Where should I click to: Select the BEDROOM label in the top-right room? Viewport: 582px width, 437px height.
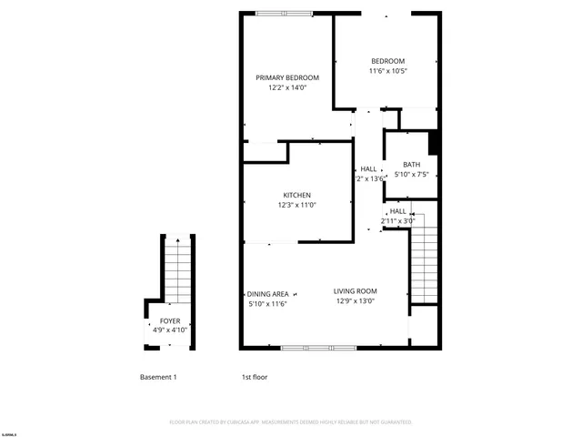[387, 61]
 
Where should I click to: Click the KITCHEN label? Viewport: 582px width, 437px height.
[297, 195]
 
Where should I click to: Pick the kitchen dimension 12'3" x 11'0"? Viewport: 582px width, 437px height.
[297, 206]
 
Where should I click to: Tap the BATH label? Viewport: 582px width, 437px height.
[411, 164]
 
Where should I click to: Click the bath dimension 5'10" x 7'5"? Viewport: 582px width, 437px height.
[411, 175]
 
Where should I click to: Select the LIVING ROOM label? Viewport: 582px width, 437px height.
[356, 290]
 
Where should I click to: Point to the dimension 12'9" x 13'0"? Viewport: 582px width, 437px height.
[356, 301]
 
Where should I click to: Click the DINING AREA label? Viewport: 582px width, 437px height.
[268, 293]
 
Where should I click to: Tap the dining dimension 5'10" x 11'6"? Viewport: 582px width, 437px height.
[268, 304]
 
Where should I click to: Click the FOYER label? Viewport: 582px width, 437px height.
[170, 321]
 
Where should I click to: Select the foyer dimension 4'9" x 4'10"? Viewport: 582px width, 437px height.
[170, 332]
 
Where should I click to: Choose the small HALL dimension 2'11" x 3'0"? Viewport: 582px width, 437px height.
[397, 220]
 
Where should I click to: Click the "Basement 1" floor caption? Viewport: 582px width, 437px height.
[158, 377]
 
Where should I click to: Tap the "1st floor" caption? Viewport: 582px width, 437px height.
[254, 377]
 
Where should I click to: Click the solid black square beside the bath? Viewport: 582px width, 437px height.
[434, 143]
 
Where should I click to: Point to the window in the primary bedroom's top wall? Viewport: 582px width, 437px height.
[284, 13]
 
